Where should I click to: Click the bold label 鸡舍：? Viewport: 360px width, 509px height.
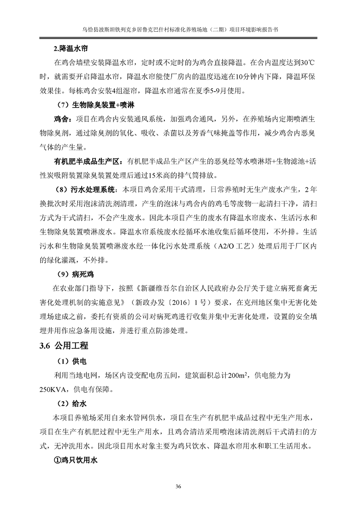(x=63, y=119)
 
